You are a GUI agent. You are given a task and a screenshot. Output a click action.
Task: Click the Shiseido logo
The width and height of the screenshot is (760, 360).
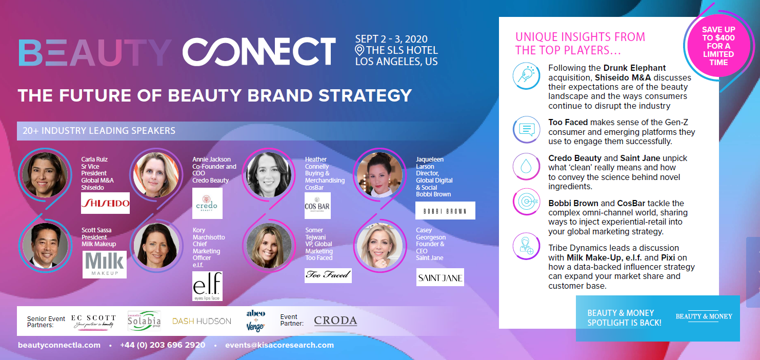(x=105, y=203)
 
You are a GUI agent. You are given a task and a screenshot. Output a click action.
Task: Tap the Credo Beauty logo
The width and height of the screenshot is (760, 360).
(x=207, y=203)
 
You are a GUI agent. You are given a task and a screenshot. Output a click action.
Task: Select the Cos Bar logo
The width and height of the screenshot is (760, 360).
(x=317, y=206)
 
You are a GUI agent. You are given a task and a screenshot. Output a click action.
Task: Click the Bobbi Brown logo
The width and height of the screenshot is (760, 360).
(x=445, y=210)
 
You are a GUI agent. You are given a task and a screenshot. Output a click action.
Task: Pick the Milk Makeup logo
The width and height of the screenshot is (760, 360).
(x=105, y=264)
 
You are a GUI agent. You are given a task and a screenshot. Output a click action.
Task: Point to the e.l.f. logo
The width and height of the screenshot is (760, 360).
(x=207, y=286)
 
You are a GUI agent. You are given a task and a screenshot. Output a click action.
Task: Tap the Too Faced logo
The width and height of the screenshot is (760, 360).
(x=328, y=275)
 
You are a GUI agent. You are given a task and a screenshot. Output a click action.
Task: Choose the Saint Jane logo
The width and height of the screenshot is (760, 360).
(x=440, y=277)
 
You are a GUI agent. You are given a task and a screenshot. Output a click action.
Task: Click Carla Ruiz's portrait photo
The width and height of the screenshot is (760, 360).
(x=45, y=175)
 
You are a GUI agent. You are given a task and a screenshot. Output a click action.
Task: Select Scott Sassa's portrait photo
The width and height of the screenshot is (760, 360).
(x=45, y=245)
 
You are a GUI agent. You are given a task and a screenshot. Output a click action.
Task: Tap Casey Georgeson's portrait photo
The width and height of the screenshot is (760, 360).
(x=379, y=245)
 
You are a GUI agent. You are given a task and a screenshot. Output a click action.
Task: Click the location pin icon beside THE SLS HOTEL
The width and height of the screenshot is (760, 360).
(x=359, y=50)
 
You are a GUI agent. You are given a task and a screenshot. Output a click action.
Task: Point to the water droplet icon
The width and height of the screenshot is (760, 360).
(x=526, y=166)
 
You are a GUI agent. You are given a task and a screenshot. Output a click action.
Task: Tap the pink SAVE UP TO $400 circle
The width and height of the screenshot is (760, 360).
(x=718, y=46)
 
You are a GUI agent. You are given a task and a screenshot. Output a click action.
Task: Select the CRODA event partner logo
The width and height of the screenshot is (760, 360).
(x=335, y=321)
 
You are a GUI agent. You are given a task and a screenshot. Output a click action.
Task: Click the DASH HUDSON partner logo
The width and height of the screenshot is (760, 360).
(x=202, y=321)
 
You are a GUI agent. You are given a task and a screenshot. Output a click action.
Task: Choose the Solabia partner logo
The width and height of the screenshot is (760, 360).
(x=144, y=321)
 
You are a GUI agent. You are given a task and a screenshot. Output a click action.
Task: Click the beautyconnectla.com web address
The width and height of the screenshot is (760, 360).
(x=59, y=345)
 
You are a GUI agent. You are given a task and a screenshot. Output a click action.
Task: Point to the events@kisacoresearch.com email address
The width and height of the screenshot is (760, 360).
(x=279, y=345)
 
